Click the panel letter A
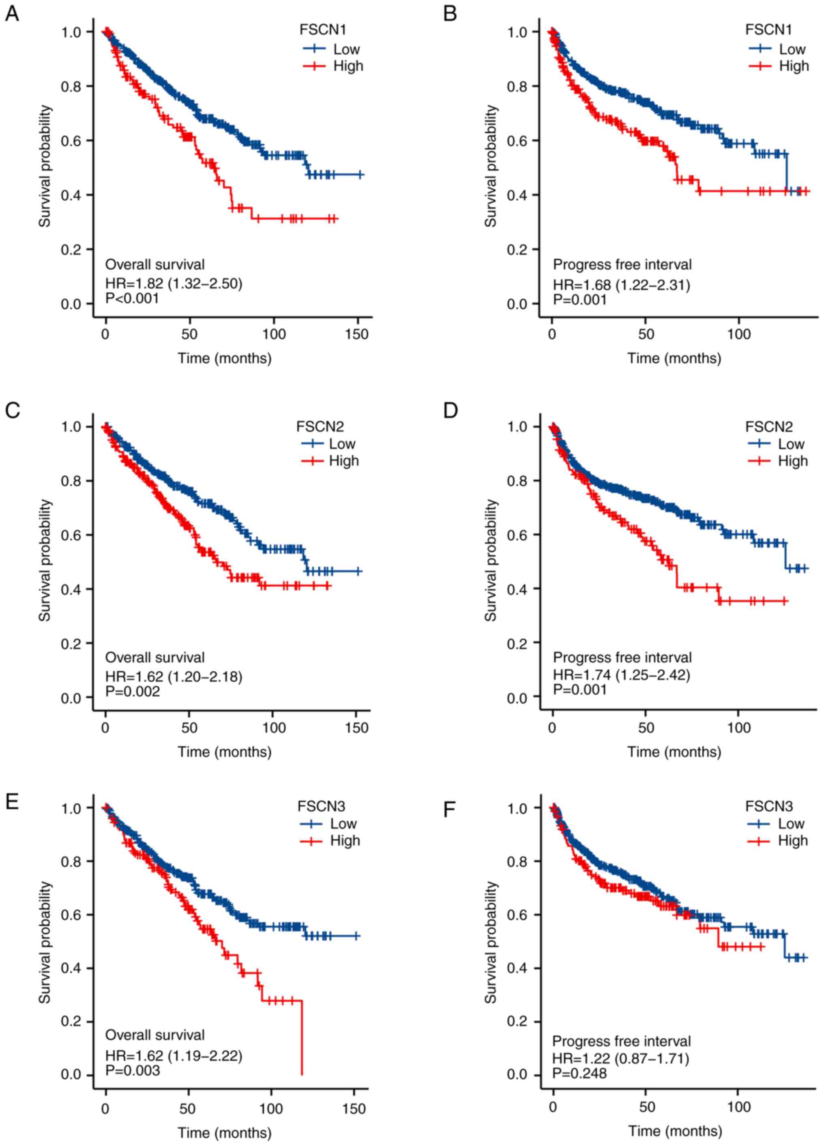tap(12, 14)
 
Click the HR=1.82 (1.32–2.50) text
tap(173, 283)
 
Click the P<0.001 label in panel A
tap(132, 298)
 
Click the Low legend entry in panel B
tap(792, 49)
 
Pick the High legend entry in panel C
tap(343, 461)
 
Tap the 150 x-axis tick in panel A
tap(357, 335)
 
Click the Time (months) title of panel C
tap(224, 751)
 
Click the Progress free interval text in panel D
tap(622, 657)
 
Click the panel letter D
tap(450, 410)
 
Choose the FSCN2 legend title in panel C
tap(320, 427)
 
